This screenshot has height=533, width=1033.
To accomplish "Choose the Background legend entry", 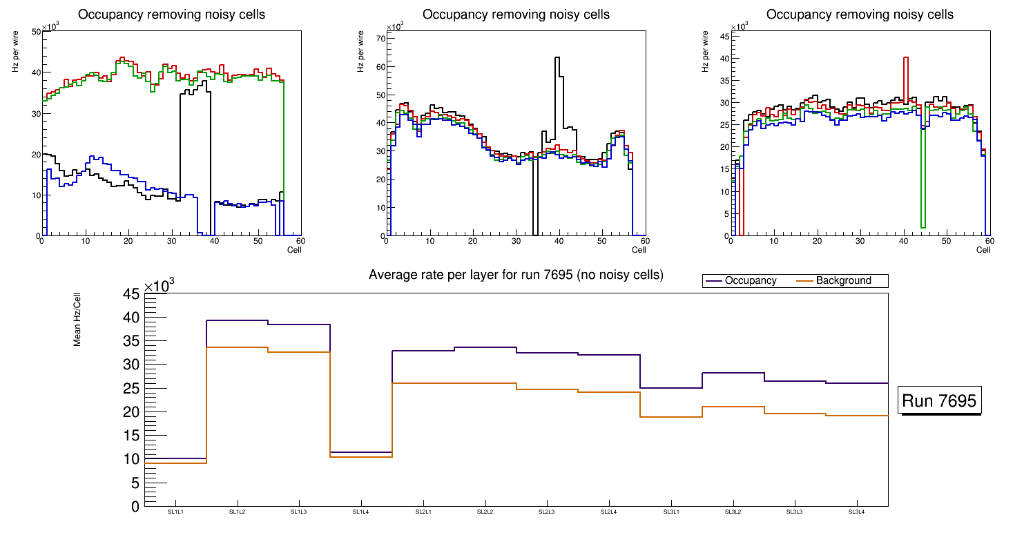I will click(842, 281).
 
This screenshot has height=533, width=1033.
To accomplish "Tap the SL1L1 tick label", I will click(175, 512).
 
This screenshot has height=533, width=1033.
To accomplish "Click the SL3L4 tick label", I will click(856, 512).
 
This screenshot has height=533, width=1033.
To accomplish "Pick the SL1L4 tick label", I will click(361, 512).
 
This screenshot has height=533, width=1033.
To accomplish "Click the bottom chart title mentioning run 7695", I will click(516, 275).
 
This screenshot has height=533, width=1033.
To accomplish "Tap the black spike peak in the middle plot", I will click(557, 58).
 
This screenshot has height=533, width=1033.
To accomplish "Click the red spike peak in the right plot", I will click(905, 58).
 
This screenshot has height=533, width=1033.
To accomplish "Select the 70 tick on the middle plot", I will click(378, 39).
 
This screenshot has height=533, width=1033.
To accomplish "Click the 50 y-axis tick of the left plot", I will click(35, 32).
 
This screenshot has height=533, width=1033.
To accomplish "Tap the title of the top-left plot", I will click(171, 14).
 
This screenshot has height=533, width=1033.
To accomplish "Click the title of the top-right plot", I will click(860, 14).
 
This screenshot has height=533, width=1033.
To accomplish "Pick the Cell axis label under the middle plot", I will click(638, 249).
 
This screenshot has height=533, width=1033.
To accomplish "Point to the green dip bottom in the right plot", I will click(923, 226).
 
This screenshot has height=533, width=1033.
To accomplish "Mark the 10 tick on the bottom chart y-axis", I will click(131, 459).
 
